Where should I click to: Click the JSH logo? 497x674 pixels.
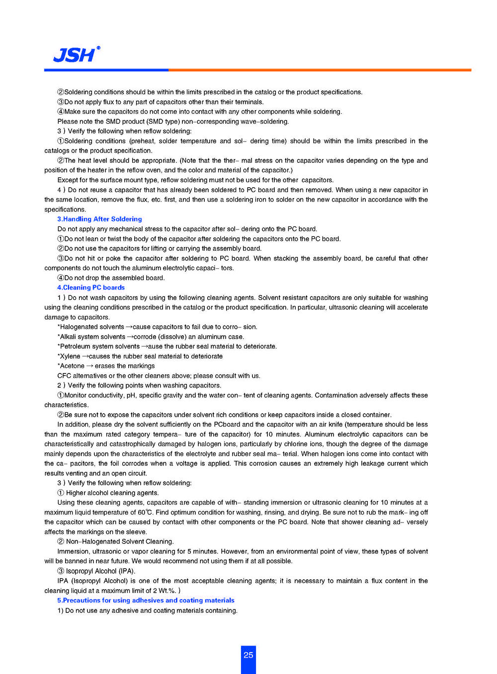pyautogui.click(x=76, y=55)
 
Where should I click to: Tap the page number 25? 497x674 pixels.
pyautogui.click(x=248, y=655)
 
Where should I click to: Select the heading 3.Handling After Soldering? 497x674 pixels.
pyautogui.click(x=99, y=219)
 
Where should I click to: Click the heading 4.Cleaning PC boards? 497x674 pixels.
pyautogui.click(x=91, y=288)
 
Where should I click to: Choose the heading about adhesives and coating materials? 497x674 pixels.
pyautogui.click(x=146, y=600)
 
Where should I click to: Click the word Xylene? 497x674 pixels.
pyautogui.click(x=70, y=356)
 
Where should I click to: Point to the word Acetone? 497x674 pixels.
pyautogui.click(x=72, y=366)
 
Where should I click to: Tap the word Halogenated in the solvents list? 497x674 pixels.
pyautogui.click(x=80, y=327)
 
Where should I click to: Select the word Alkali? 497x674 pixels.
pyautogui.click(x=68, y=337)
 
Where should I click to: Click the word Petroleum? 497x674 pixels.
pyautogui.click(x=75, y=347)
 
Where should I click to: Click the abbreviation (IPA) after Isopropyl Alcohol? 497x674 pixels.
pyautogui.click(x=127, y=571)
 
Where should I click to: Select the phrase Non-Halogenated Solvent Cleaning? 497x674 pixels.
pyautogui.click(x=120, y=542)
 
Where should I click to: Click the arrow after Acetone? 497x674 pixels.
pyautogui.click(x=90, y=366)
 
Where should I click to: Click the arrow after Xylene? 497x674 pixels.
pyautogui.click(x=85, y=356)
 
